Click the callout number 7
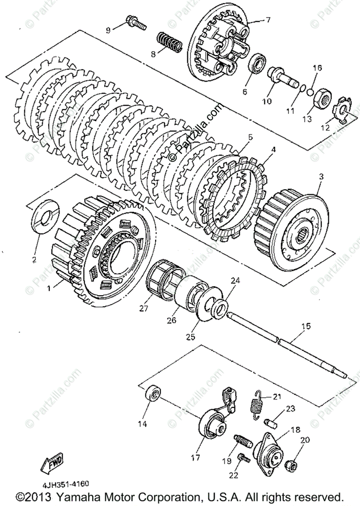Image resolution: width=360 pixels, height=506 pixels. click(x=268, y=20)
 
